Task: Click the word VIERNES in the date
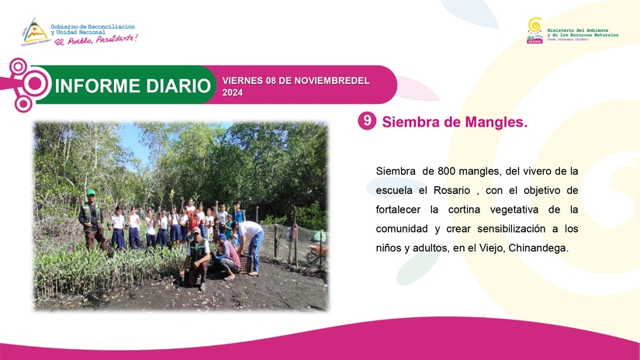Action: (x=243, y=81)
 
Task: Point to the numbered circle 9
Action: (x=367, y=121)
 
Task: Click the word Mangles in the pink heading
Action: (x=493, y=123)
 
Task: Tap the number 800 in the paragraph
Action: (x=450, y=171)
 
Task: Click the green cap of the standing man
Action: (x=91, y=192)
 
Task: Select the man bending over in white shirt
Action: (x=251, y=237)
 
